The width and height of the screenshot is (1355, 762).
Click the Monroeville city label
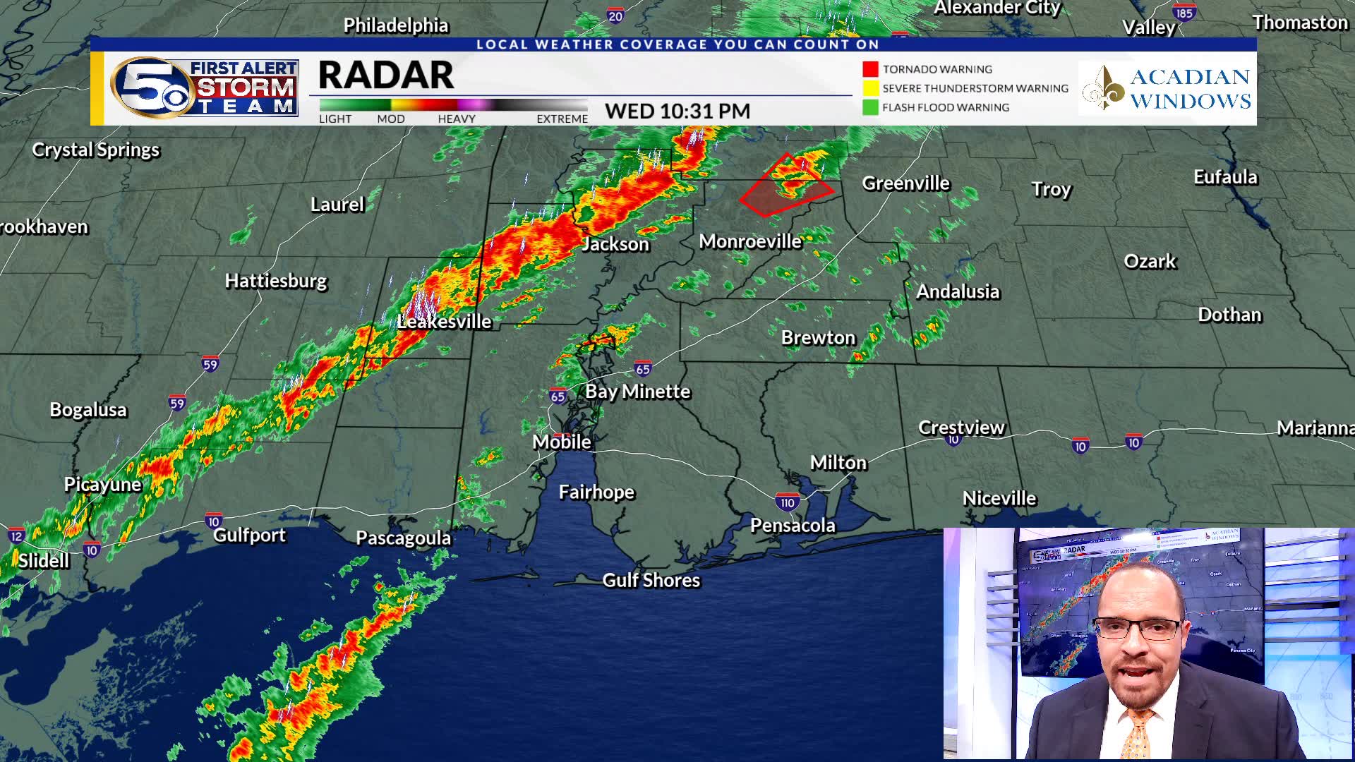(x=750, y=241)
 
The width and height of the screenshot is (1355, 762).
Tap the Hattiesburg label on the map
(x=276, y=281)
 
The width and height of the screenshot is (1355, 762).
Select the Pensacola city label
(x=793, y=526)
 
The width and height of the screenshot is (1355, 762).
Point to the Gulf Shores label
(x=651, y=580)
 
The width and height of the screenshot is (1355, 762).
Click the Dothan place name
(x=1229, y=315)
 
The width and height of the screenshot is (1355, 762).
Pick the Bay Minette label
(x=637, y=392)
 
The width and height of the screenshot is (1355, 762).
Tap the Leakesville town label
(x=444, y=322)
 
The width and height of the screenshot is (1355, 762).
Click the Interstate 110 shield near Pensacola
(x=788, y=502)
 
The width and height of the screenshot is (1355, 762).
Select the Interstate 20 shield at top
(x=615, y=16)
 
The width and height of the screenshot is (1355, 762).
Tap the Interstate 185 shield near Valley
(x=1184, y=13)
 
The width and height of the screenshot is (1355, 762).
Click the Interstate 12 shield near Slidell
(x=16, y=536)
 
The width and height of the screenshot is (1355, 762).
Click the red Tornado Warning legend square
(x=870, y=69)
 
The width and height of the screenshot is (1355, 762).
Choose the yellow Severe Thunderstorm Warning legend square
(x=870, y=88)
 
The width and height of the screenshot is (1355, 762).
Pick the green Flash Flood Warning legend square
(x=870, y=107)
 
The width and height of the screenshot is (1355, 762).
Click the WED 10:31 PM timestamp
(x=677, y=111)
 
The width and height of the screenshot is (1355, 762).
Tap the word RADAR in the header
(x=386, y=75)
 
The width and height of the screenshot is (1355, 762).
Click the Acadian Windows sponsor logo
(x=1167, y=88)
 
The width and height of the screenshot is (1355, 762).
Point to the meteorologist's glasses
(x=1138, y=627)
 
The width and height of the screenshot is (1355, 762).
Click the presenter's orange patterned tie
(x=1136, y=734)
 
